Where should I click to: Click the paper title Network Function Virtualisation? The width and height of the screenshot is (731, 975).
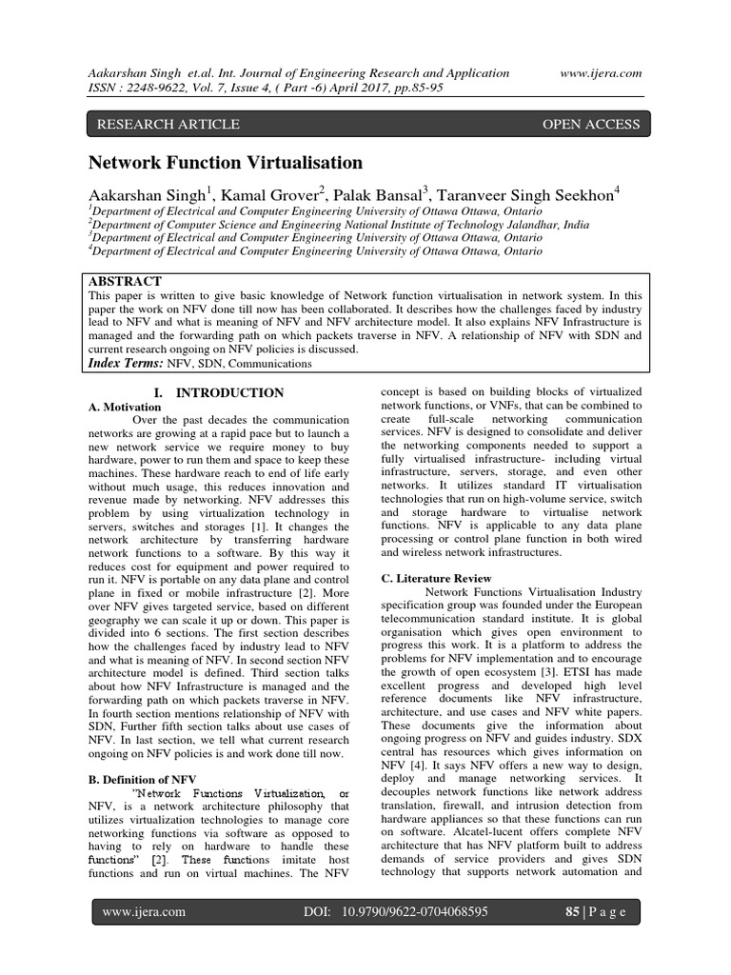pyautogui.click(x=226, y=163)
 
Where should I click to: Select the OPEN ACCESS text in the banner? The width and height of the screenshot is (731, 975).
pyautogui.click(x=590, y=125)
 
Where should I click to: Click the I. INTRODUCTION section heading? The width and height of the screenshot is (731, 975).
pyautogui.click(x=219, y=392)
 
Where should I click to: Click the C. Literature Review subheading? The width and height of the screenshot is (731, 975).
pyautogui.click(x=437, y=578)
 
